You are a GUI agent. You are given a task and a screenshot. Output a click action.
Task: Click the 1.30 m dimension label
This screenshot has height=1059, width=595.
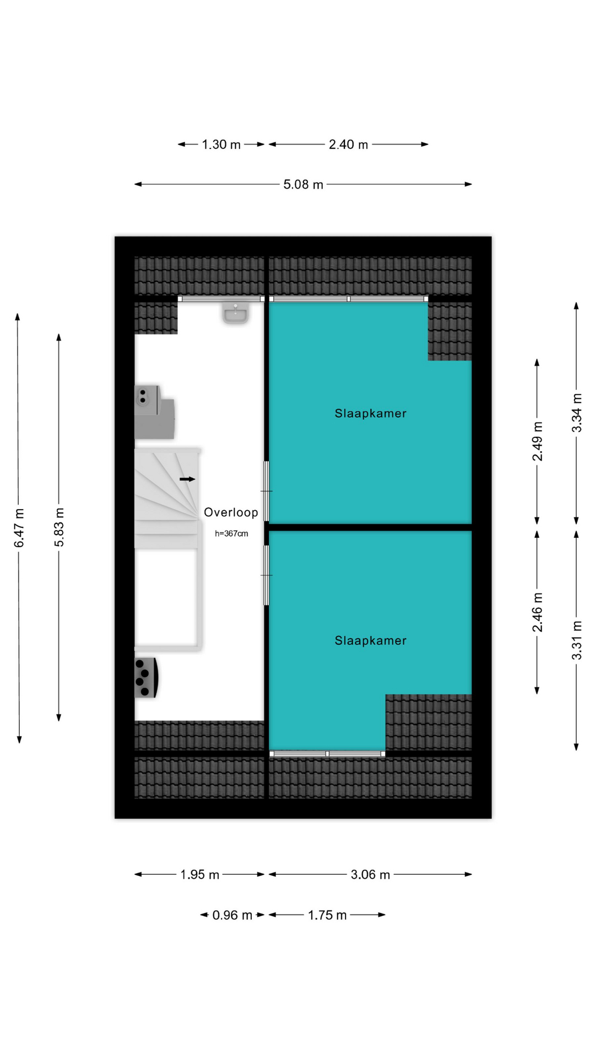(x=221, y=145)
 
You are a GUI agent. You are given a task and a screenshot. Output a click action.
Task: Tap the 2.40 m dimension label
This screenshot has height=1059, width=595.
(x=348, y=145)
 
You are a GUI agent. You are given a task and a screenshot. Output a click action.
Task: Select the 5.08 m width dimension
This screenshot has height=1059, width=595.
(x=303, y=184)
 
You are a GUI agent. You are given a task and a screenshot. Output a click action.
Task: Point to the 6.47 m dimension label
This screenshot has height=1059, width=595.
(x=19, y=528)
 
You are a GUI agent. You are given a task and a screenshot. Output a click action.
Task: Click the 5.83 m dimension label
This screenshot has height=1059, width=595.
(x=59, y=527)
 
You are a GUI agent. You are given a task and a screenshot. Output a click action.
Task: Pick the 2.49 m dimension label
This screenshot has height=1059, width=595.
(x=537, y=441)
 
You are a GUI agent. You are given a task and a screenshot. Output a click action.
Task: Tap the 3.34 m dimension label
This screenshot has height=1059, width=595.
(x=576, y=413)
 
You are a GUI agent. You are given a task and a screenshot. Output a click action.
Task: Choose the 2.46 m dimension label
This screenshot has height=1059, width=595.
(x=537, y=612)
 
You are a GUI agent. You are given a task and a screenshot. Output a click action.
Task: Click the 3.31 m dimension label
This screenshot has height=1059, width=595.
(x=576, y=640)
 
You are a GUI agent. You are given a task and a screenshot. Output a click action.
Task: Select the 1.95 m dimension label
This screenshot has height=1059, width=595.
(x=199, y=875)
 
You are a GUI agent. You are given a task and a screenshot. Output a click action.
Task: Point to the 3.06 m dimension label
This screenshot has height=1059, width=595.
(x=370, y=875)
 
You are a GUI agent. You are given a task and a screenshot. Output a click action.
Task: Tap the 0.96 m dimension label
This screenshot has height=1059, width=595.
(x=232, y=916)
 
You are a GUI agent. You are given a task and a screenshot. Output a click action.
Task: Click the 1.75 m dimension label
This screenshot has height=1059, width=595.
(x=327, y=916)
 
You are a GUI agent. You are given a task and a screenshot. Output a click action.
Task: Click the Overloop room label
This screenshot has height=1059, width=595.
(x=231, y=512)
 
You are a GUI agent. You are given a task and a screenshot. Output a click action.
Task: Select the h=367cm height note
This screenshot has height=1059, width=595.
(x=231, y=533)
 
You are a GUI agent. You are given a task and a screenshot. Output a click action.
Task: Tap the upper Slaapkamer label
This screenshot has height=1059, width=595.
(x=370, y=413)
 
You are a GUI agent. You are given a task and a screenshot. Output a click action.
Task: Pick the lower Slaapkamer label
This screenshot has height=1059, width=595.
(x=370, y=640)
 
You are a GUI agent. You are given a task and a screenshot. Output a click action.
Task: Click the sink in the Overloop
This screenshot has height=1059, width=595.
(x=235, y=313)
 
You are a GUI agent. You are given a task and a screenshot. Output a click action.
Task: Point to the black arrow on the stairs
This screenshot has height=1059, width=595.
(x=187, y=479)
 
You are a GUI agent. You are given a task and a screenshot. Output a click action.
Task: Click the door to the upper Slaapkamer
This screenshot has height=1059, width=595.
(x=267, y=491)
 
